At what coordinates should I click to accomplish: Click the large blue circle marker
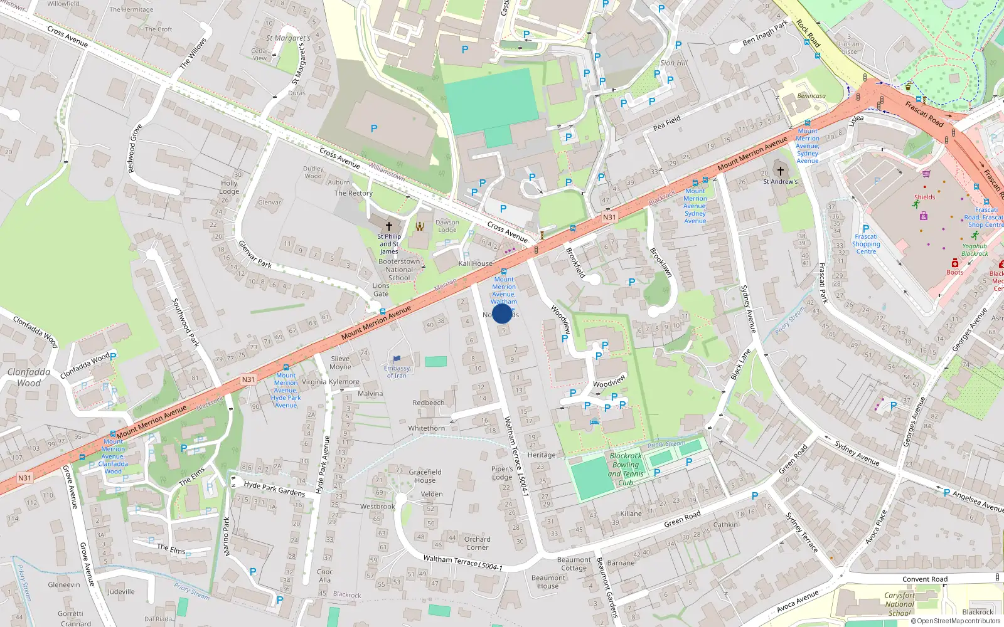pos(502,313)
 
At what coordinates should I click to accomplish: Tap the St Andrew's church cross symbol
pos(780,171)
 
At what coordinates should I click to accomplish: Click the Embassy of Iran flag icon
pos(397,360)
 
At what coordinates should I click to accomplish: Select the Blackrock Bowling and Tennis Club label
pos(626,470)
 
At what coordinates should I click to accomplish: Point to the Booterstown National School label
pos(399,270)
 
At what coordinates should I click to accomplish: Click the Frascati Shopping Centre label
pos(866,244)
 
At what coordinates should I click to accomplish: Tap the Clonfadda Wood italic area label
pos(29,377)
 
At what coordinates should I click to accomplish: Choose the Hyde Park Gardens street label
pos(274,489)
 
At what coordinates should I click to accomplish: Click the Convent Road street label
pos(925,579)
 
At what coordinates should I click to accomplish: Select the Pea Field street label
pos(666,123)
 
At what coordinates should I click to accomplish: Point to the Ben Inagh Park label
pos(765,33)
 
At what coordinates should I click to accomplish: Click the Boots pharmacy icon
pos(954,263)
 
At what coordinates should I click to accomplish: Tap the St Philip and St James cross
pos(388,226)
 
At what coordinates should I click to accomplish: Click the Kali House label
pos(476,263)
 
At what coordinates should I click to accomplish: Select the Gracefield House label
pos(425,476)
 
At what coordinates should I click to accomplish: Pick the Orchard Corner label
pos(478,543)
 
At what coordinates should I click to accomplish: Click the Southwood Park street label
pos(186,322)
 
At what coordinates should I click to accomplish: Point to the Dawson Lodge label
pos(447,226)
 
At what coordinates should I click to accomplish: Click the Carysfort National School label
pos(899,604)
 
